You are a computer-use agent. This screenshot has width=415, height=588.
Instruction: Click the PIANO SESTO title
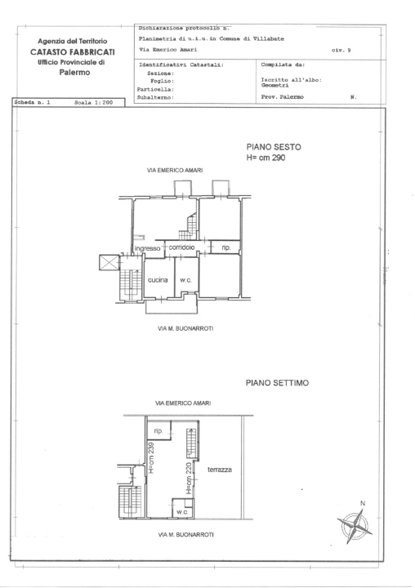click(x=274, y=147)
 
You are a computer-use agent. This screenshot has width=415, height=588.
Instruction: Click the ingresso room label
click(x=147, y=247)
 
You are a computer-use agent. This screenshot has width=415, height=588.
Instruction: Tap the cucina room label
click(x=158, y=280)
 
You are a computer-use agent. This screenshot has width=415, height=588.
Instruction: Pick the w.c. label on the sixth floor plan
click(x=185, y=280)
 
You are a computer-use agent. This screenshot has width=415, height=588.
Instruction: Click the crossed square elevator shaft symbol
click(x=107, y=263)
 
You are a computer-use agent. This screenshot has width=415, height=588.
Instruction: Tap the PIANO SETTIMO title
click(x=275, y=382)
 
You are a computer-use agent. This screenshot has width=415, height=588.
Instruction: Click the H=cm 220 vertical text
click(x=188, y=479)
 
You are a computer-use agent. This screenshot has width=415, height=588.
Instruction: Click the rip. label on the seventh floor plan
click(x=160, y=430)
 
